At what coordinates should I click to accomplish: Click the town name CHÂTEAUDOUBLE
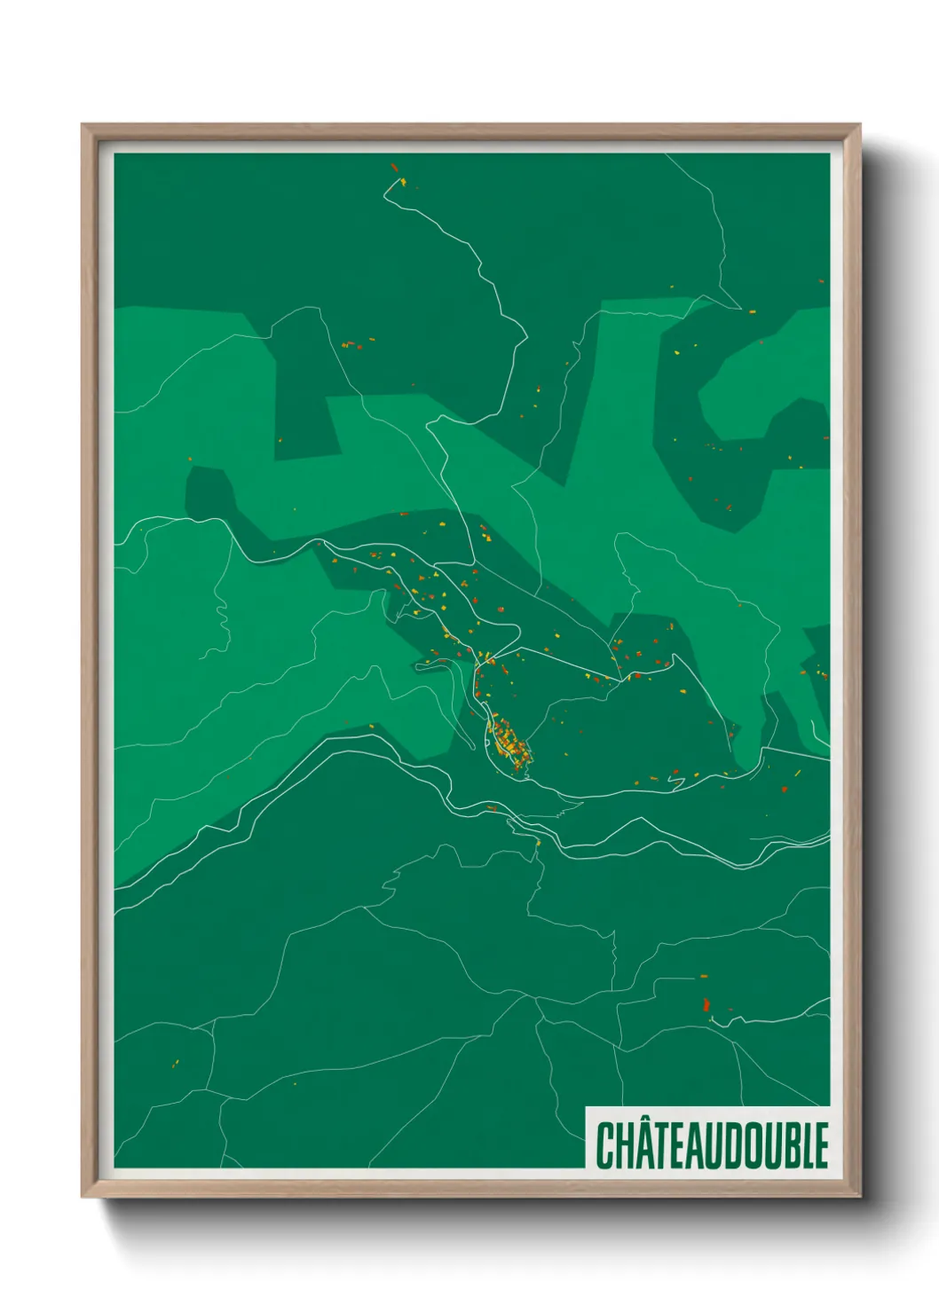712,1144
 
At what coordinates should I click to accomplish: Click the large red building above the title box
706,1005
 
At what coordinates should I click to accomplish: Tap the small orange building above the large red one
704,977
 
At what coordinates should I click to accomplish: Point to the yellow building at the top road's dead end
403,183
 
